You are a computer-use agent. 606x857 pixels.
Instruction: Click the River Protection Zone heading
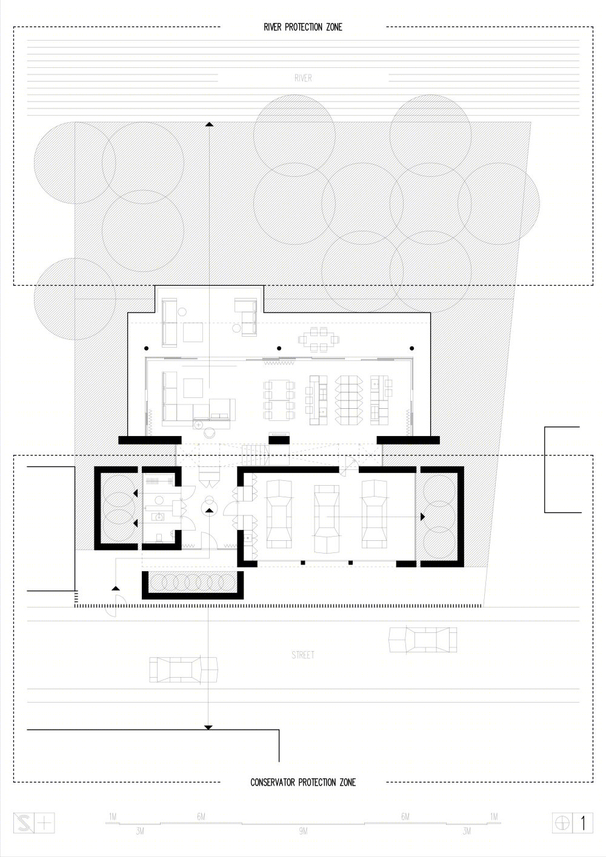(303, 27)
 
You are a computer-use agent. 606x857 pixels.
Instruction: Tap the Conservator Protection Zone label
(303, 783)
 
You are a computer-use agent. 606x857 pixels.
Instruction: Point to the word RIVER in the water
(303, 78)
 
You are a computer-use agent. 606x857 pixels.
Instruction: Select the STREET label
(303, 655)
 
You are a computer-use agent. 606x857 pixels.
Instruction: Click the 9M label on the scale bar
(303, 831)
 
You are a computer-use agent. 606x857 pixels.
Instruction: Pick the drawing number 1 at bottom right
(582, 823)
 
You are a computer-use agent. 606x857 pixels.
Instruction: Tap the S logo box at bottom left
(24, 823)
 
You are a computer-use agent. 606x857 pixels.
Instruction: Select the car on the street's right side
(422, 640)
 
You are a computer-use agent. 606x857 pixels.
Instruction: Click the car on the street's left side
(183, 670)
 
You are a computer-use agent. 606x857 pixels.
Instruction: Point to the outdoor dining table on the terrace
(319, 339)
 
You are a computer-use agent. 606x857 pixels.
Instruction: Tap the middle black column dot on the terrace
(279, 348)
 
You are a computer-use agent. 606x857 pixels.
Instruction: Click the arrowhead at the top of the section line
(210, 124)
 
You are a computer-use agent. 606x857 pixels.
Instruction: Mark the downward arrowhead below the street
(208, 727)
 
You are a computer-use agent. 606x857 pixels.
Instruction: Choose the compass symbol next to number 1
(562, 823)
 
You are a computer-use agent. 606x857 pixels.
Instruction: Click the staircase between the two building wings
(255, 455)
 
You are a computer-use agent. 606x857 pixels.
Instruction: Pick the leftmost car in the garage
(279, 515)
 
